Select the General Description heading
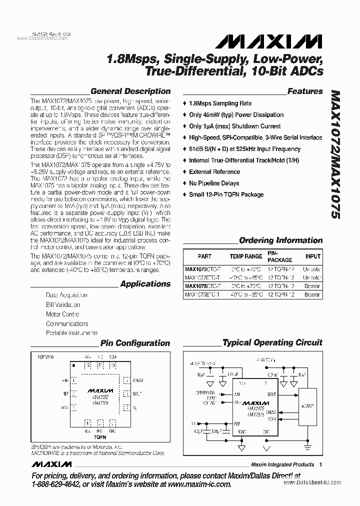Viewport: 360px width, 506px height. tap(130, 91)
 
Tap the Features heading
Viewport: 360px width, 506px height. tap(305, 91)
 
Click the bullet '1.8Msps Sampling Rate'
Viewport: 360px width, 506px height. tap(220, 103)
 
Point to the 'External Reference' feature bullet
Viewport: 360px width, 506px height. tap(214, 171)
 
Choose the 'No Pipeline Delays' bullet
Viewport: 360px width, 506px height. tap(214, 183)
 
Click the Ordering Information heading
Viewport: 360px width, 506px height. tap(281, 240)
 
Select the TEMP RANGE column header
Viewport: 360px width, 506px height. tap(246, 256)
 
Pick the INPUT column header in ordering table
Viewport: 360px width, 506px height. tap(313, 256)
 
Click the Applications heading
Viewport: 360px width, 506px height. tap(145, 284)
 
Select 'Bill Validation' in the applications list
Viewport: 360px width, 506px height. tap(63, 304)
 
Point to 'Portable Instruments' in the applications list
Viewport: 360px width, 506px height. tap(72, 333)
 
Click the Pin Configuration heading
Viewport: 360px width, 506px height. tap(135, 343)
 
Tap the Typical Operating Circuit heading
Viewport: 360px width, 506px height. tap(272, 343)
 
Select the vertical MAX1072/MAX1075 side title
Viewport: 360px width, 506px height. tap(335, 155)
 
